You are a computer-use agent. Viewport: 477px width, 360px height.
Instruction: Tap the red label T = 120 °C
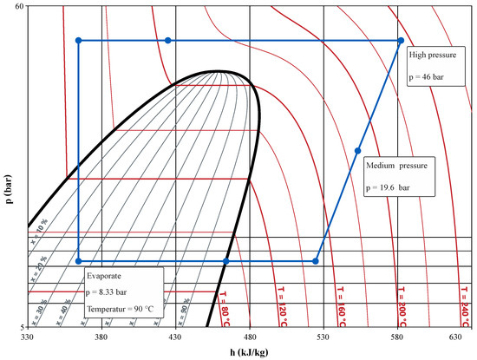coord(282,300)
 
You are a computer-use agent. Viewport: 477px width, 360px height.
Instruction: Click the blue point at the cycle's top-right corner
coord(400,41)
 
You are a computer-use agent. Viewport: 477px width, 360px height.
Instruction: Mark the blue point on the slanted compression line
coord(357,151)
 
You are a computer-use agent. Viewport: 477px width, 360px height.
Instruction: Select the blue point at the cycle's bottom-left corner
coord(79,261)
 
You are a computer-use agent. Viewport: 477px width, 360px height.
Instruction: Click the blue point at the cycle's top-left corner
coord(79,41)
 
